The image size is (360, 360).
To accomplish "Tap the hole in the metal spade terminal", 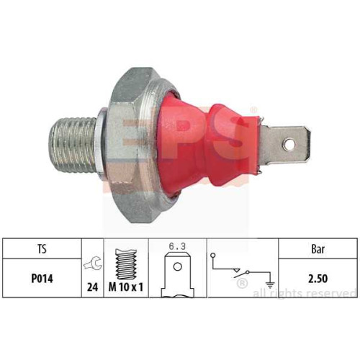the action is [x=289, y=144].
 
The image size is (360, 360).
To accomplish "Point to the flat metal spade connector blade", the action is [x=286, y=145].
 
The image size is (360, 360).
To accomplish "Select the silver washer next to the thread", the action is [x=100, y=145].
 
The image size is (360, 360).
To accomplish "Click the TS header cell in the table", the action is [x=42, y=248].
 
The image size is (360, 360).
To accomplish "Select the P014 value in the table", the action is [x=42, y=279].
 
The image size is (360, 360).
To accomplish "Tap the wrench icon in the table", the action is [x=93, y=264].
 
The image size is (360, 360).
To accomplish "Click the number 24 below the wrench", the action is [x=93, y=287].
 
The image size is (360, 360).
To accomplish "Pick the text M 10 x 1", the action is [x=126, y=287].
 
